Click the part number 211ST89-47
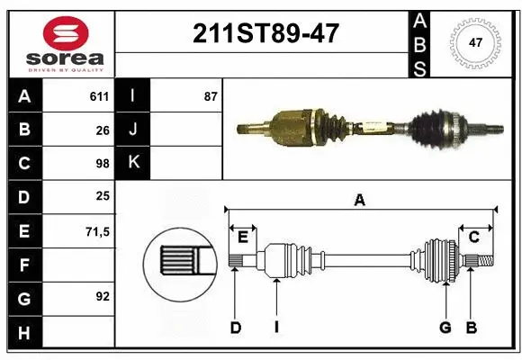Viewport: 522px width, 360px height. (265, 33)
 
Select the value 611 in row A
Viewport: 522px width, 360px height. (98, 96)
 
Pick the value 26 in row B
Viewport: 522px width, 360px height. (102, 130)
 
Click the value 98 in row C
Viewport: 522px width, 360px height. (102, 164)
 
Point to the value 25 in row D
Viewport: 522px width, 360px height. (102, 197)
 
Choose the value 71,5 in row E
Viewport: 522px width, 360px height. (97, 231)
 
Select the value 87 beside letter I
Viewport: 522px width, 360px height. (210, 96)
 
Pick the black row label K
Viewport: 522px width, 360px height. (133, 164)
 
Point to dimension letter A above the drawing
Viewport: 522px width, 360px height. (359, 201)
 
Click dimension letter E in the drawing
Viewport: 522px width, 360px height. (242, 237)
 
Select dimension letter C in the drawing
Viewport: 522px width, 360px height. (472, 237)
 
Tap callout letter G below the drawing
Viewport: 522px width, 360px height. (445, 328)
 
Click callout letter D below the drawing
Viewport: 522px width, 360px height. (235, 328)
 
